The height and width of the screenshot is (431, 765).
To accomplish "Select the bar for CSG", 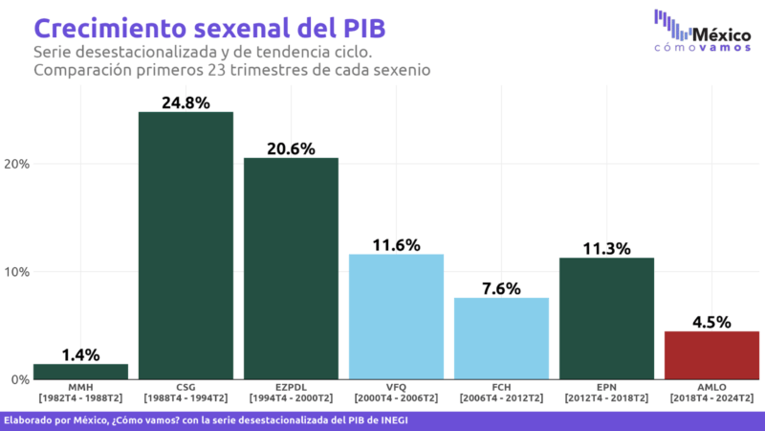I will click(x=186, y=245).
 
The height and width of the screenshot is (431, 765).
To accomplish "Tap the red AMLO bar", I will click(x=711, y=355).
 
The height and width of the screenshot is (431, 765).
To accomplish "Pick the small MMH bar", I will click(x=81, y=372).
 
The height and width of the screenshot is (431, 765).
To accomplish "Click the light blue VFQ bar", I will click(x=396, y=316).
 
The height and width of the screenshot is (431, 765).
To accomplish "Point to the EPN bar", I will click(x=606, y=318).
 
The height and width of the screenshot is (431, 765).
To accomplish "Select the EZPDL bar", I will click(x=291, y=268).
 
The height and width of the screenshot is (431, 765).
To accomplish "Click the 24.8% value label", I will click(x=186, y=102).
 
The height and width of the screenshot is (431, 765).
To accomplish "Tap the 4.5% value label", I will click(x=711, y=321).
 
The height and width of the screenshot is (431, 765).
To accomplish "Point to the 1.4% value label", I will click(x=81, y=354).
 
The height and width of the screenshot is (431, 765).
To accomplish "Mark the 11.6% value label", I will click(x=396, y=244).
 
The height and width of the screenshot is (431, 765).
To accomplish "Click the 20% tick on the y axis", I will click(x=17, y=164).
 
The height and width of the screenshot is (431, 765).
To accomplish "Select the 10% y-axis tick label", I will click(x=17, y=272).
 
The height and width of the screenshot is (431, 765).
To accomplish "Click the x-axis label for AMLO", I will click(x=711, y=393).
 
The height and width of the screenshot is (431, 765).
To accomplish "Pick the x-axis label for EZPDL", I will click(x=291, y=393).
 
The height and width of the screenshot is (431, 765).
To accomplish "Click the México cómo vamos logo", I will click(x=702, y=32).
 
